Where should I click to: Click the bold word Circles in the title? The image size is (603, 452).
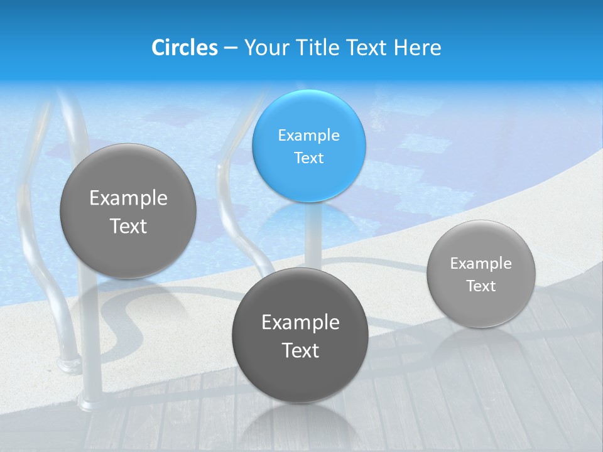[x=185, y=48]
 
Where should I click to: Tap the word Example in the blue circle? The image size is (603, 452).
[x=308, y=135]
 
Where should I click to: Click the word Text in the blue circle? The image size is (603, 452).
[x=308, y=158]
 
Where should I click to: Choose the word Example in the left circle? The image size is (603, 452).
[x=128, y=198]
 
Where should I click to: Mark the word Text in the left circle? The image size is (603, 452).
[x=128, y=226]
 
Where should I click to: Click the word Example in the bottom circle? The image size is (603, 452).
[x=300, y=322]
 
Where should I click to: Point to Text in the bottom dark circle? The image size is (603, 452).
[x=300, y=350]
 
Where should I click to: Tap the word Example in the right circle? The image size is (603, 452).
[x=481, y=264]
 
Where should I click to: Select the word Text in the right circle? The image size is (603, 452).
[x=481, y=286]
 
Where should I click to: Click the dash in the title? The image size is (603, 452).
[x=230, y=48]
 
